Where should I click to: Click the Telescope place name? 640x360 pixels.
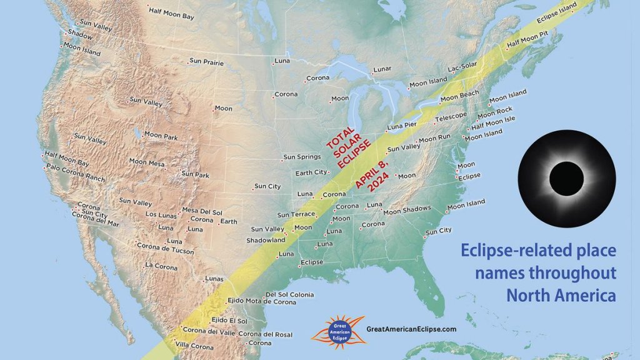[x=451, y=117]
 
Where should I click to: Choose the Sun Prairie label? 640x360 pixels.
[x=206, y=62]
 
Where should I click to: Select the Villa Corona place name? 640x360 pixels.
[x=194, y=346]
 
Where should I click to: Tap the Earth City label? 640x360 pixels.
[x=311, y=172]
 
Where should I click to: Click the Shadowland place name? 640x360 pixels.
[x=266, y=240]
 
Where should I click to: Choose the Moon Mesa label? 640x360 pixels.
[x=146, y=162]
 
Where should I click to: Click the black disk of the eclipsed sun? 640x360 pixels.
[x=566, y=178]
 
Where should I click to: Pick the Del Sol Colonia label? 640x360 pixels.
[x=289, y=294]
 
